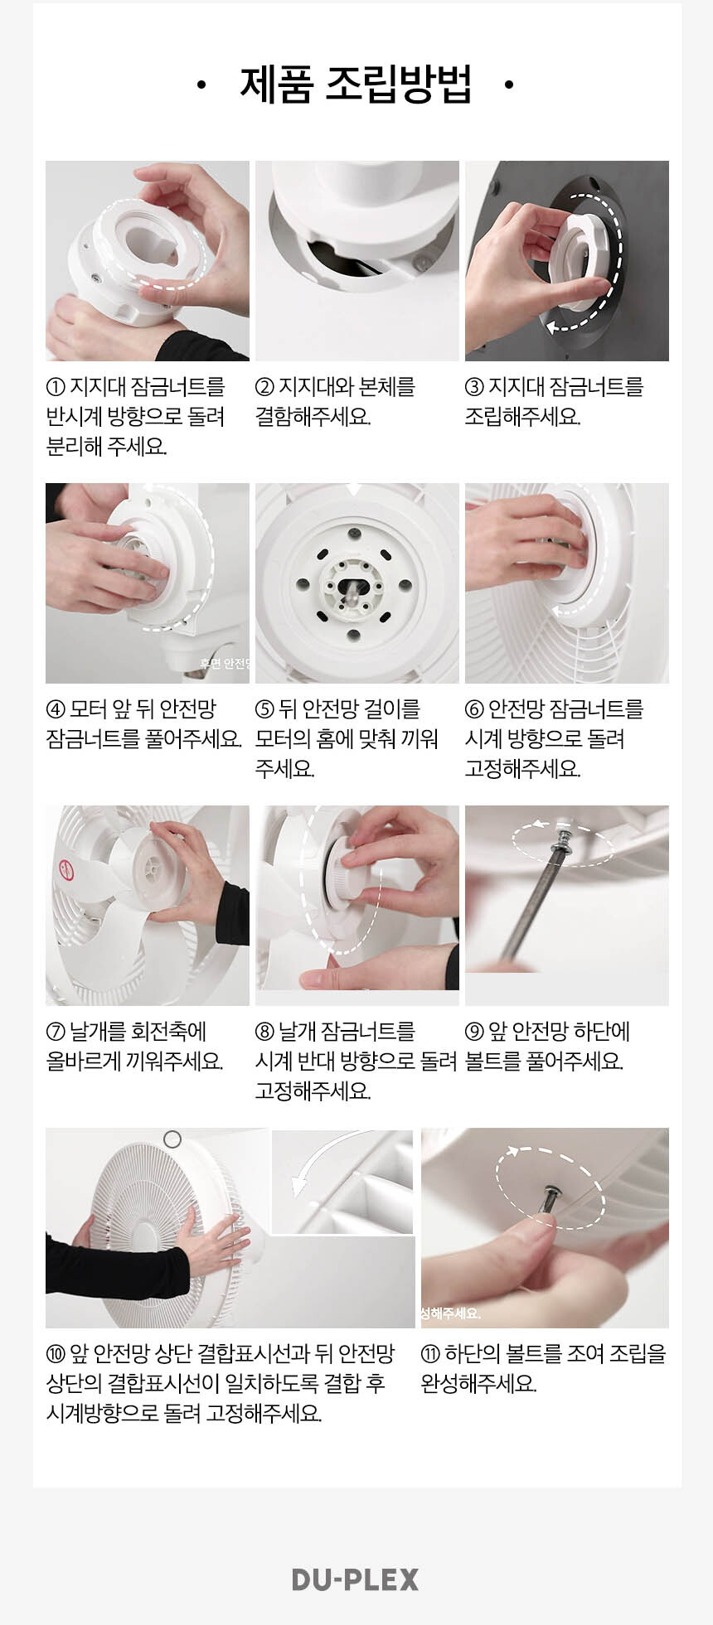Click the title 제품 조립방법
[356, 84]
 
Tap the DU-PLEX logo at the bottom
[356, 1579]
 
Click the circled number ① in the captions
[56, 387]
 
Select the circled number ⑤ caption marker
[264, 709]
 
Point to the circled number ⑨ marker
[474, 1032]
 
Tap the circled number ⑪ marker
[430, 1354]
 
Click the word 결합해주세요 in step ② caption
[313, 416]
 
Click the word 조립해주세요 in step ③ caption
[522, 416]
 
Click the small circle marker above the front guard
[172, 1139]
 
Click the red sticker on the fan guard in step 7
[65, 870]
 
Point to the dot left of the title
[201, 85]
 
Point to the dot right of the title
[509, 85]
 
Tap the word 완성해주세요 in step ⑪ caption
[478, 1383]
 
